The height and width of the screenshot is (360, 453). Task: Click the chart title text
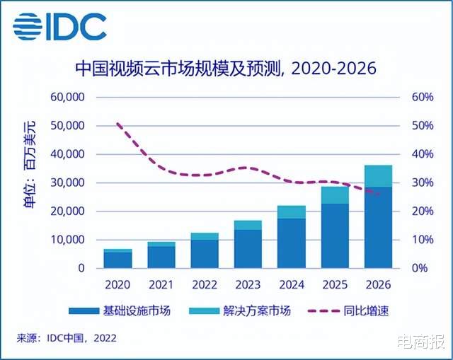tap(226, 69)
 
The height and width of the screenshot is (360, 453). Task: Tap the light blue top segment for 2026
tap(378, 176)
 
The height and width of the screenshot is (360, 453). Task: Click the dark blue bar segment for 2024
tap(291, 243)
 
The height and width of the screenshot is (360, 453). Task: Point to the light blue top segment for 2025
tap(335, 195)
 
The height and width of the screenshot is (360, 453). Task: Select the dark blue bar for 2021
tap(161, 257)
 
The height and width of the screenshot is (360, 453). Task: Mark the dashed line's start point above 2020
tap(117, 124)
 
